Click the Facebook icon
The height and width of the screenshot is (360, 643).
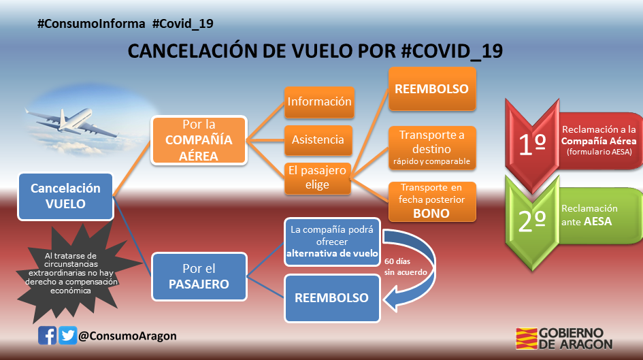pos(47,336)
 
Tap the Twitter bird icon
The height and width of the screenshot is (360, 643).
pos(67,336)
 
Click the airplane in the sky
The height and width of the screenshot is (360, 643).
pos(69,122)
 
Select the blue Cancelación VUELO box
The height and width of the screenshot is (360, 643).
pos(65,197)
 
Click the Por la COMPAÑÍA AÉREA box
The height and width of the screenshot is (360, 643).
pos(199,140)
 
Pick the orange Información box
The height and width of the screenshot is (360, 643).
pos(319,101)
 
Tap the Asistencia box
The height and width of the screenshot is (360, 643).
pos(318,140)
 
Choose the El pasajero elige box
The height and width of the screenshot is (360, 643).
pos(317,178)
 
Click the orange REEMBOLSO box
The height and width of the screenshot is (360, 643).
pos(432,89)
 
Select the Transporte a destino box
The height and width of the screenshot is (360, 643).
pos(432,148)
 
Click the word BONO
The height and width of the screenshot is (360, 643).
pos(431,214)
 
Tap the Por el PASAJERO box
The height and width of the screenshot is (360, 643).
pos(199,277)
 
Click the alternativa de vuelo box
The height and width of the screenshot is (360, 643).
pos(332,242)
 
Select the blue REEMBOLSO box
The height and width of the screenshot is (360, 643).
pos(332,298)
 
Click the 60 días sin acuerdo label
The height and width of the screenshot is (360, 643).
pos(406,267)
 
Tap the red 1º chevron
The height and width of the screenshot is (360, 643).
pos(532,144)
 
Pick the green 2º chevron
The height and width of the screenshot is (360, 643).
pos(532,223)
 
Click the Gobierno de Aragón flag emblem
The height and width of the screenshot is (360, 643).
pos(527,338)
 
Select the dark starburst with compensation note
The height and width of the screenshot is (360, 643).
pos(71,273)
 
